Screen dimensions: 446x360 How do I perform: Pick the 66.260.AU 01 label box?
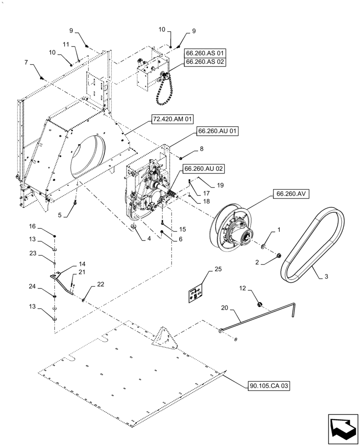[x=216, y=132]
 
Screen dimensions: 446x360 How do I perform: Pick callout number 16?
[x=45, y=226]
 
